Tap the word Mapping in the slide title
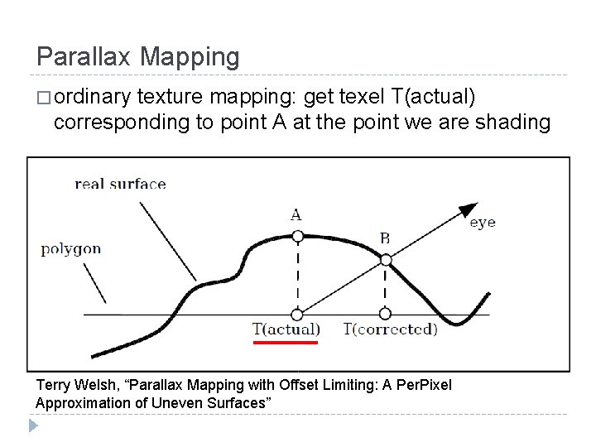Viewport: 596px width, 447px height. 190,57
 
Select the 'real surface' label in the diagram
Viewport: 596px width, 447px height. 120,183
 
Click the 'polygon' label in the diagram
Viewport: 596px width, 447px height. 71,248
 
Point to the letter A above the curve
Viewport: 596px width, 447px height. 296,214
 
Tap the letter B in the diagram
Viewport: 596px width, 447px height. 385,238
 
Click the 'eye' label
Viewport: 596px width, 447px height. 483,223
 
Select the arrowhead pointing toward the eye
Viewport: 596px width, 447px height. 468,210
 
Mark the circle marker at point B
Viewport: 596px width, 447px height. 385,260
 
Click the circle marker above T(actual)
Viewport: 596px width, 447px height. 297,315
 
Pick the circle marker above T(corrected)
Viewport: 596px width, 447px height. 385,315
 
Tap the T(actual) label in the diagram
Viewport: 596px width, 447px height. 286,329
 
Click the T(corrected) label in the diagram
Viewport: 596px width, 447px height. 391,329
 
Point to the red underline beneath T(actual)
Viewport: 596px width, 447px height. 285,341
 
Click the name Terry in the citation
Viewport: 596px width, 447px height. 55,386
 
